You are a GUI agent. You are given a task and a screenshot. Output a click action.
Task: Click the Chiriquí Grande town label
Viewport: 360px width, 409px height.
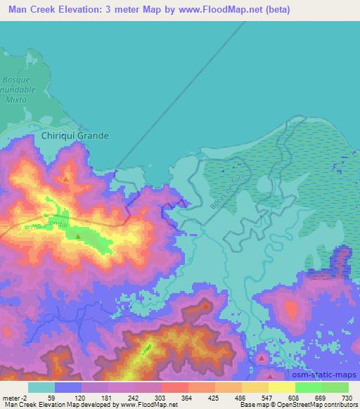tap(75, 136)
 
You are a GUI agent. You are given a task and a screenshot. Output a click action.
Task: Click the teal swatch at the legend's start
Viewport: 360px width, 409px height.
tap(41, 387)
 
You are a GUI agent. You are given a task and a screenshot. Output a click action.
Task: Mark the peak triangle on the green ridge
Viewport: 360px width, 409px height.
tap(76, 238)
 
